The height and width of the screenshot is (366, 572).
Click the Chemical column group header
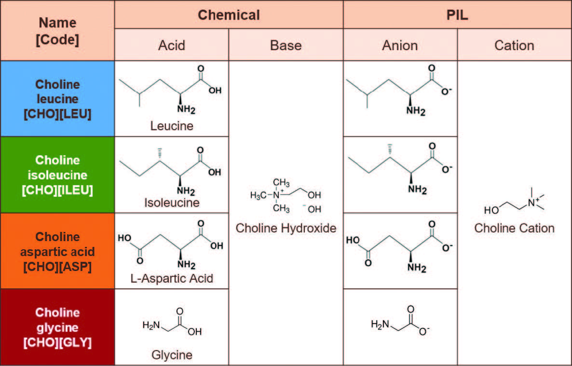pyautogui.click(x=229, y=14)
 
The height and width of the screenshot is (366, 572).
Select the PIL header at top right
pyautogui.click(x=457, y=14)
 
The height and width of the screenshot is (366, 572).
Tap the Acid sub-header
pyautogui.click(x=171, y=45)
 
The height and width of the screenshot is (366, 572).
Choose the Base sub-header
pyautogui.click(x=286, y=45)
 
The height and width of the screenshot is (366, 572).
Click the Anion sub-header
pyautogui.click(x=400, y=45)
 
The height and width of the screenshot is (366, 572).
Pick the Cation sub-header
pyautogui.click(x=514, y=45)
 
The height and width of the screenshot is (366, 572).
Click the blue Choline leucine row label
pyautogui.click(x=57, y=98)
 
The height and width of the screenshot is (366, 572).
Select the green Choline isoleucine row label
pyautogui.click(x=57, y=175)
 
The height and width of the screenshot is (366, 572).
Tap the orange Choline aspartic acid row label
pyautogui.click(x=57, y=251)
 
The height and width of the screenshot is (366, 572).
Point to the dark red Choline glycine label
pyautogui.click(x=57, y=327)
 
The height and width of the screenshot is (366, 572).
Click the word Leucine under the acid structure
pyautogui.click(x=172, y=126)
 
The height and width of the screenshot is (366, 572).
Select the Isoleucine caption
pyautogui.click(x=172, y=203)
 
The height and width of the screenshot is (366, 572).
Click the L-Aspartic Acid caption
pyautogui.click(x=172, y=278)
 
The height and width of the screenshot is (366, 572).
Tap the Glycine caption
pyautogui.click(x=172, y=355)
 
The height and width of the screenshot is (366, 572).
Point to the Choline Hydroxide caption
pyautogui.click(x=286, y=228)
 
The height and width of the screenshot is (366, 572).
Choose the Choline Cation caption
pyautogui.click(x=514, y=228)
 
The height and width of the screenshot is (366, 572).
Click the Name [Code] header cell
pyautogui.click(x=57, y=30)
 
